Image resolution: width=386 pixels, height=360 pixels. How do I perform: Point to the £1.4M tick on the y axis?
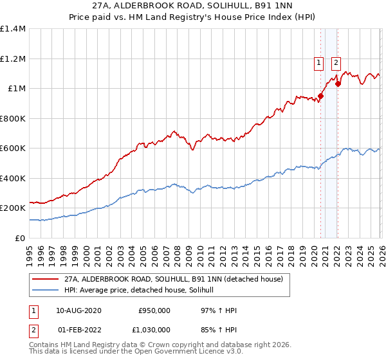point(13,29)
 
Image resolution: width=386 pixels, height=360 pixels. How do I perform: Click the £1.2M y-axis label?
point(13,59)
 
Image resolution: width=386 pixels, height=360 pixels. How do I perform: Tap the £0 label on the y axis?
point(19,238)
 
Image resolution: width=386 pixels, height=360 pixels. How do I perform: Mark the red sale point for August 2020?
point(320,96)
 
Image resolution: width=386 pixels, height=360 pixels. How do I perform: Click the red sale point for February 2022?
point(338,84)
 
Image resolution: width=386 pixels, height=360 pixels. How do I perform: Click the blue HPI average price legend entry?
point(143,291)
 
